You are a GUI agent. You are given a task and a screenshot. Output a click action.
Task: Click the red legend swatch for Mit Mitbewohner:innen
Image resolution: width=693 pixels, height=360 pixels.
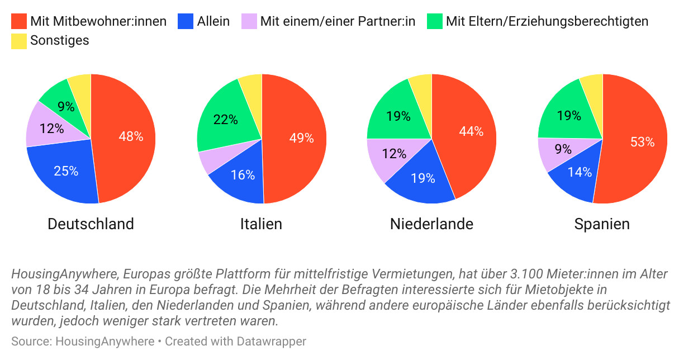click(x=18, y=21)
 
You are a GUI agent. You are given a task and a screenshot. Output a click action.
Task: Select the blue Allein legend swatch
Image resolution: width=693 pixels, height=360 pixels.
click(x=186, y=21)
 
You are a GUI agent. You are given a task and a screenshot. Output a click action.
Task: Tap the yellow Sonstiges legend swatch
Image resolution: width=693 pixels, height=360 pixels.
click(x=18, y=41)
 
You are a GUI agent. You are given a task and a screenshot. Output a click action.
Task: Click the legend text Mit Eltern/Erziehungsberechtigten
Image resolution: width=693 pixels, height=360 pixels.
click(x=547, y=21)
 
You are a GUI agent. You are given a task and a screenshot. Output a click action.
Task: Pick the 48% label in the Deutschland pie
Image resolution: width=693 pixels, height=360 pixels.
click(x=131, y=136)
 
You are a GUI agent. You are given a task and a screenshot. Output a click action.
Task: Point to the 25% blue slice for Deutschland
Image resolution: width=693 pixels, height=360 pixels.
click(x=66, y=171)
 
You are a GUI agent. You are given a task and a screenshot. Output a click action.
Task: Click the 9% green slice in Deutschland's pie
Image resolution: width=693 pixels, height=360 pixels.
click(x=66, y=106)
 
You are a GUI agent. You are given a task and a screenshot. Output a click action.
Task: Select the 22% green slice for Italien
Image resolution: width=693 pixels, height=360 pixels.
click(x=226, y=119)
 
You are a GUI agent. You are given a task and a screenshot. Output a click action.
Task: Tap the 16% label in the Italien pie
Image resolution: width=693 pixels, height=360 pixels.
click(x=243, y=175)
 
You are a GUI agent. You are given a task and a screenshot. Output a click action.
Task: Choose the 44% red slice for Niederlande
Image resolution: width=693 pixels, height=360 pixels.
click(x=471, y=132)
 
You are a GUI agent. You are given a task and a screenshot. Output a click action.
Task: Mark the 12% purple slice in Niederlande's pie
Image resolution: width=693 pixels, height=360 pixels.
click(x=395, y=154)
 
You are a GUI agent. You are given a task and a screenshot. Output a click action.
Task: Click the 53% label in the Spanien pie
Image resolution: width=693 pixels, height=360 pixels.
click(x=642, y=142)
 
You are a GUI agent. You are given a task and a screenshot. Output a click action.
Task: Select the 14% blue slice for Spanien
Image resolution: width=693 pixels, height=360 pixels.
click(x=579, y=172)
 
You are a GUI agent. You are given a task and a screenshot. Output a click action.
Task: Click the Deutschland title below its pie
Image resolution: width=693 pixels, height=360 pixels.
click(x=91, y=224)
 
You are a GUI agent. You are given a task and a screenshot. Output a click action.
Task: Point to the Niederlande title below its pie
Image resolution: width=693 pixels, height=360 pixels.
click(x=431, y=224)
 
